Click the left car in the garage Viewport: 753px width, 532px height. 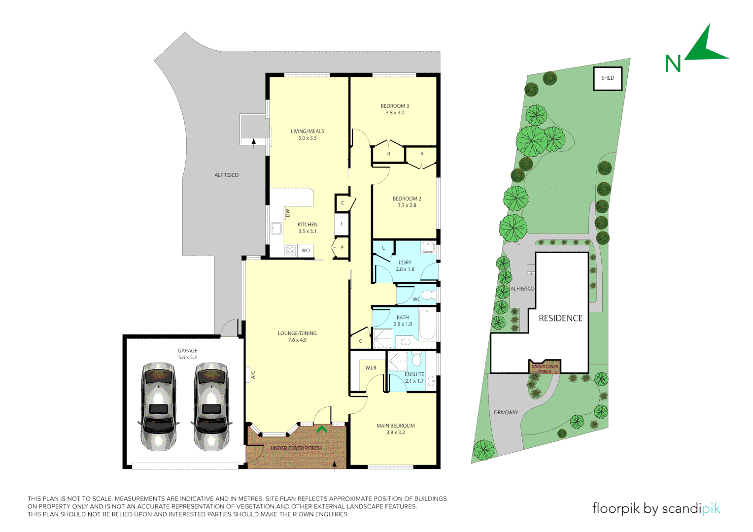(x=158, y=407)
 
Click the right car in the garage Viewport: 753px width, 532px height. (x=211, y=407)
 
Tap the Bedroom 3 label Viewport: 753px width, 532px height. (x=395, y=106)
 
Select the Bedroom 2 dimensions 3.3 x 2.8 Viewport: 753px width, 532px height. (x=407, y=206)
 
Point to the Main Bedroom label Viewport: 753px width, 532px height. (x=395, y=426)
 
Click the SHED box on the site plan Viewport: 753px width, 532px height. (x=608, y=78)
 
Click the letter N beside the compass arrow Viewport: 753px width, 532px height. (x=673, y=64)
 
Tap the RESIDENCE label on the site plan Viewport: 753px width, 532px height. (x=560, y=319)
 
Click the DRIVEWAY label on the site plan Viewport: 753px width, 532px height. (x=506, y=413)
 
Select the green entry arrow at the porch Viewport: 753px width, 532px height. (x=322, y=429)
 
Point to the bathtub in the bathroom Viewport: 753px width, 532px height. (x=427, y=324)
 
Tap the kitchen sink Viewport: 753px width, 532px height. (x=276, y=229)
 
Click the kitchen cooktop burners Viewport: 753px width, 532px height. (x=290, y=251)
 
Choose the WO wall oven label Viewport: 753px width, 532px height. (x=306, y=251)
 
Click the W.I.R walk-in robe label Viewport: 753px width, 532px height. (x=371, y=368)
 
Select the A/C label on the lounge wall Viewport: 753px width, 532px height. (x=253, y=375)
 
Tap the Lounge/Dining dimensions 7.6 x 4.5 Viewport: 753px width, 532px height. (x=297, y=340)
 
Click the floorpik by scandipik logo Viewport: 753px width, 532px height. (x=656, y=508)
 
